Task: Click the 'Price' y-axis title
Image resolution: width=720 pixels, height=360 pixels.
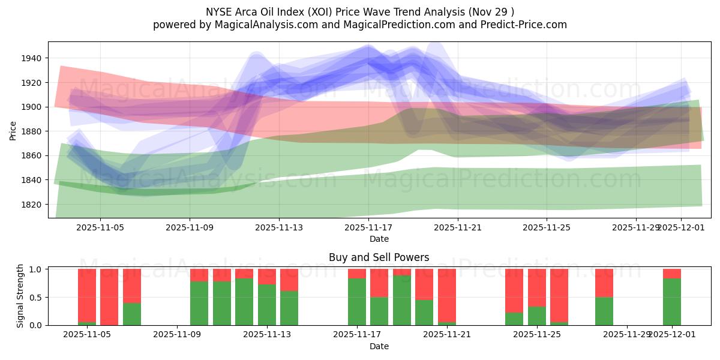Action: pyautogui.click(x=13, y=131)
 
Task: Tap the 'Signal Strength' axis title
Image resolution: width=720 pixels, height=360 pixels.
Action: pyautogui.click(x=20, y=296)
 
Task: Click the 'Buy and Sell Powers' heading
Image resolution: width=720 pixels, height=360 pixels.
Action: pyautogui.click(x=379, y=257)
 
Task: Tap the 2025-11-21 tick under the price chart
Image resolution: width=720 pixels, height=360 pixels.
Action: pyautogui.click(x=458, y=227)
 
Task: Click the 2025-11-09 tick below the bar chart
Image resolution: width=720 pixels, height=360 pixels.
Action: pyautogui.click(x=178, y=335)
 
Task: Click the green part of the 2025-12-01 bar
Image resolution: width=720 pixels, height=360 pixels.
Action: pyautogui.click(x=672, y=302)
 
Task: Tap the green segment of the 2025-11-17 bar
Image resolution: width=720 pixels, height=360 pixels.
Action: pyautogui.click(x=357, y=302)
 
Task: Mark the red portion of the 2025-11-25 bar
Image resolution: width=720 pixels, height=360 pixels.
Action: pyautogui.click(x=537, y=288)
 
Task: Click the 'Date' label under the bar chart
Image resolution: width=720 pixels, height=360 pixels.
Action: pyautogui.click(x=379, y=346)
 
